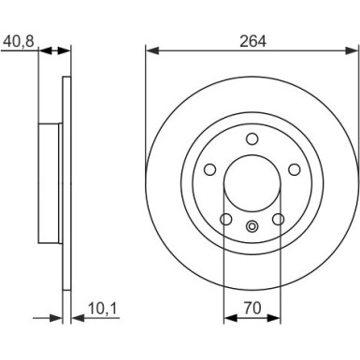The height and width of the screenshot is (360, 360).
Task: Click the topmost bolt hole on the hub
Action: pos(252,138)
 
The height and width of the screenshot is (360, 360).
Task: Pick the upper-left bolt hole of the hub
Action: pos(210,169)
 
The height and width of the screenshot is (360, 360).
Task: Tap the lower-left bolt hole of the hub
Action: pos(226,219)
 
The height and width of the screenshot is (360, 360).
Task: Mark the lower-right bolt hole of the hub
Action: pos(278,219)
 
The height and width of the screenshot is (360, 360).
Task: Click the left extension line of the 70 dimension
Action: pos(224,262)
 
